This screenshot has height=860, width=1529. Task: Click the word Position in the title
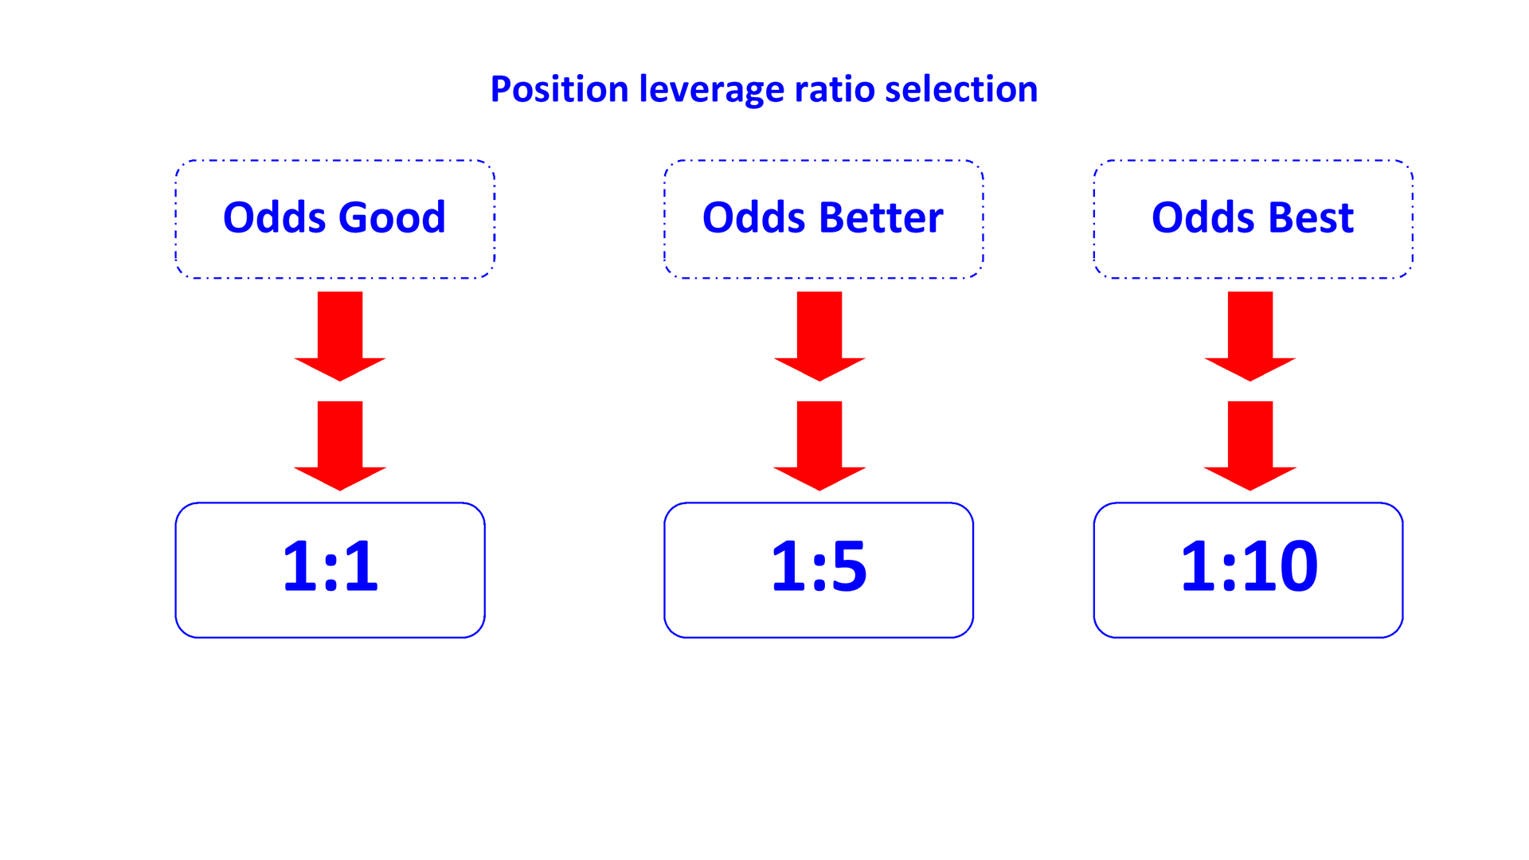[559, 89]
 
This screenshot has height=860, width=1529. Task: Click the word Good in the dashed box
[392, 217]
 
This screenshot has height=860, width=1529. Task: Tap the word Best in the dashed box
[1310, 217]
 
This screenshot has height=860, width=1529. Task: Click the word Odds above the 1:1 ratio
[274, 217]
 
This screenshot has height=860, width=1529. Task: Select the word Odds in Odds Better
[753, 217]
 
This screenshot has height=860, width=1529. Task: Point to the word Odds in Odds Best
[1202, 217]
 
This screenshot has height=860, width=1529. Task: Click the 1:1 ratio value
[330, 566]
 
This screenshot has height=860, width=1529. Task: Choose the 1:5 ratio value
[819, 566]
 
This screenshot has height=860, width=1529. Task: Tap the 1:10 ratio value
[1249, 566]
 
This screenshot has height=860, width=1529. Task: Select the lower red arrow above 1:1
[340, 445]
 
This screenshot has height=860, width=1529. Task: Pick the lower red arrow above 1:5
[819, 445]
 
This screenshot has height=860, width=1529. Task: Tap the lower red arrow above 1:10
[1250, 445]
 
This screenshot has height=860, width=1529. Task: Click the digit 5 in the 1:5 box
[849, 566]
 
